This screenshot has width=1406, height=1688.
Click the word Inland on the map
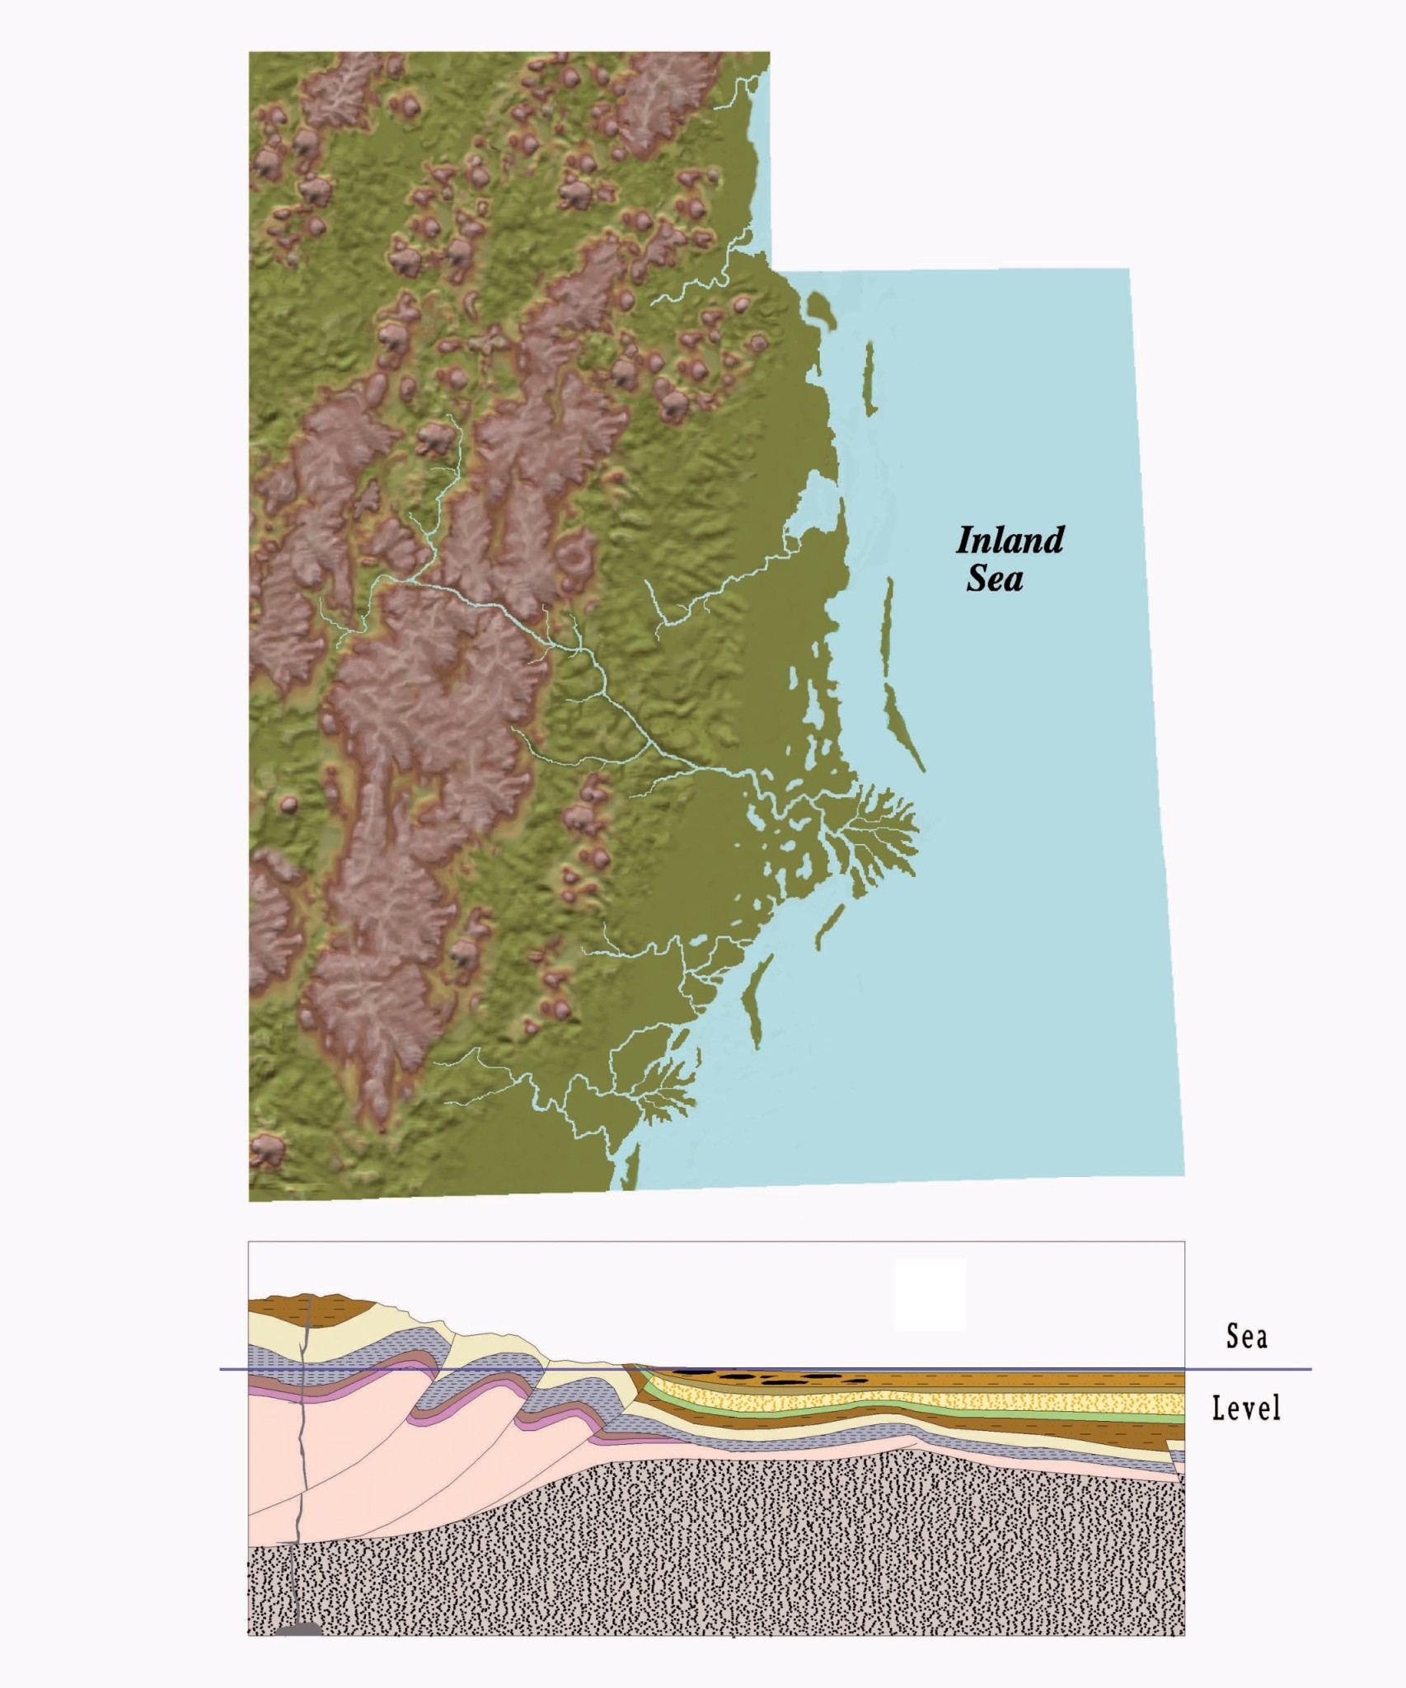(x=1010, y=541)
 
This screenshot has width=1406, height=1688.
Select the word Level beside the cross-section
(x=1246, y=1408)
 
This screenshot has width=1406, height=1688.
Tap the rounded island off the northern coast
(x=818, y=309)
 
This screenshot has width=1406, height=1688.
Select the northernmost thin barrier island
(x=869, y=379)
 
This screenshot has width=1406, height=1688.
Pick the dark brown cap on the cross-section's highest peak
(x=309, y=1307)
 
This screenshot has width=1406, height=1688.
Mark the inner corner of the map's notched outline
(x=771, y=270)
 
